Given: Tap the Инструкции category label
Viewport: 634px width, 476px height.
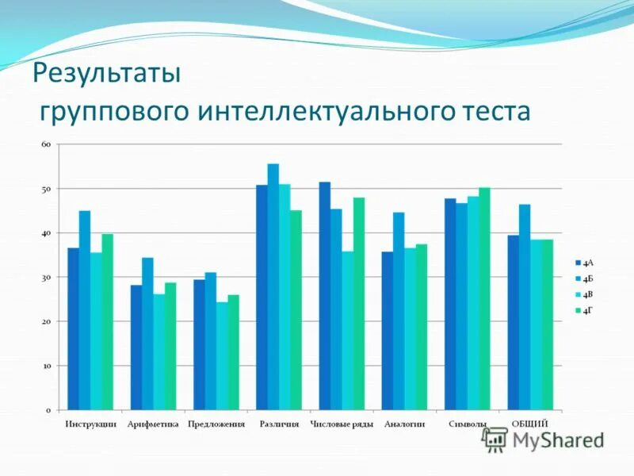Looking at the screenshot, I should click(90, 424).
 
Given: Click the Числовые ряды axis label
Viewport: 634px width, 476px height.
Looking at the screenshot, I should click(342, 424).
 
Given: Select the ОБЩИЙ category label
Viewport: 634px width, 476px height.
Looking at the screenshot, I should click(529, 424).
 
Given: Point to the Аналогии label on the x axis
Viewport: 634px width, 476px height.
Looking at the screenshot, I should click(404, 424).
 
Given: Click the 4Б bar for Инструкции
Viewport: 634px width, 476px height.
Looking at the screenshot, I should click(85, 310).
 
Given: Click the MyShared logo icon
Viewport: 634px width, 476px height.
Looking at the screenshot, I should click(496, 440).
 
